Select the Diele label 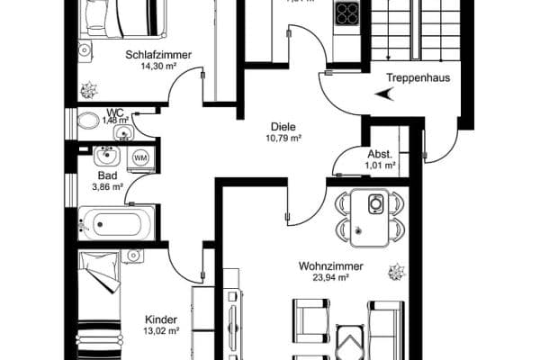283,127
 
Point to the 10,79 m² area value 283,139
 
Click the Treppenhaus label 418,77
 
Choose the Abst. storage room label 378,153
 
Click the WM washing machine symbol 140,158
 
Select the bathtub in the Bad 117,220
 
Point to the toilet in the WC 89,120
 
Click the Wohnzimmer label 330,266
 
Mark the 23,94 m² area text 330,278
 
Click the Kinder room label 161,319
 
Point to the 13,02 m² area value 161,331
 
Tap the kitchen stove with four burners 346,13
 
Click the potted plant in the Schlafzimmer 89,89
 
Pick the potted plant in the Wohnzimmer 395,270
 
